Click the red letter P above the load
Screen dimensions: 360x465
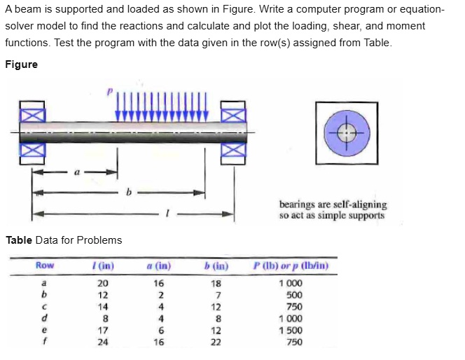tap(109, 91)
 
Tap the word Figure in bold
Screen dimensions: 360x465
tap(21, 64)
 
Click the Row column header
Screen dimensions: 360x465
tap(45, 265)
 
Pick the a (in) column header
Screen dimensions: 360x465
tap(159, 265)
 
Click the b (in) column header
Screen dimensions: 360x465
tap(215, 265)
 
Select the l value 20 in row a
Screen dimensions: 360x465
tap(103, 284)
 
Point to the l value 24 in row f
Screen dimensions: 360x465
tap(103, 343)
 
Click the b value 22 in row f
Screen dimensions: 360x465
tap(216, 343)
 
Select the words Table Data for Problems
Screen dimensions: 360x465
tap(64, 240)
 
